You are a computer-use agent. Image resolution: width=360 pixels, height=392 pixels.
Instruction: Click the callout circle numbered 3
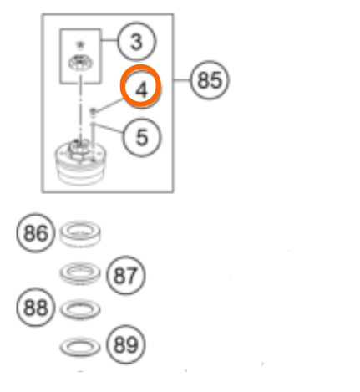pos(137,42)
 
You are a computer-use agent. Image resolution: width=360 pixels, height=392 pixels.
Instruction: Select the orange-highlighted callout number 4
pos(141,86)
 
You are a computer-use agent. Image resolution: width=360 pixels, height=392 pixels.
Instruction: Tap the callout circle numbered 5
pos(142,137)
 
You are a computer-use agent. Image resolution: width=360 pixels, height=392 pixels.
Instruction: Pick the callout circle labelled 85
pos(210,80)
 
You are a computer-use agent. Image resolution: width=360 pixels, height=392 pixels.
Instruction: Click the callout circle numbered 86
pos(36,233)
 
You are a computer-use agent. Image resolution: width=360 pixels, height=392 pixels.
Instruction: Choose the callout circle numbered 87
pos(126,275)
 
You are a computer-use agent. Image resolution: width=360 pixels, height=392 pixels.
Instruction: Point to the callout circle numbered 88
pos(36,307)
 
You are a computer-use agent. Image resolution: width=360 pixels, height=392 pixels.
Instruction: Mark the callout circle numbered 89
pos(126,344)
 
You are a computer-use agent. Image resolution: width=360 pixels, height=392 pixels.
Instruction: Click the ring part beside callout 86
pos(80,233)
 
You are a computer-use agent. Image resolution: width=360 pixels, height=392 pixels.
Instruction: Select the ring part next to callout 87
pos(80,273)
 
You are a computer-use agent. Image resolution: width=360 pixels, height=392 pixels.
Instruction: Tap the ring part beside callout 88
pos(80,309)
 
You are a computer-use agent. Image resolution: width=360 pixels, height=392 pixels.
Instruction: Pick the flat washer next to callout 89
pos(80,347)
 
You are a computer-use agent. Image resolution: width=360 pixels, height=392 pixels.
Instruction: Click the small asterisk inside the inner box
pos(80,44)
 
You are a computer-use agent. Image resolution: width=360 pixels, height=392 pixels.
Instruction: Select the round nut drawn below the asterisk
pos(81,63)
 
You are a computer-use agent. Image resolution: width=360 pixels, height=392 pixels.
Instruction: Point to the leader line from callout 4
pos(109,105)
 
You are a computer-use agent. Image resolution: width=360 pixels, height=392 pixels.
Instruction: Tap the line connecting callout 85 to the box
pos(182,80)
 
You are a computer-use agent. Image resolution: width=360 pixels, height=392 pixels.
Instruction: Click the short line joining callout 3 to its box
pos(109,40)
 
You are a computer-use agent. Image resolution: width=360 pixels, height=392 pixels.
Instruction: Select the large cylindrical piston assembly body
pos(80,163)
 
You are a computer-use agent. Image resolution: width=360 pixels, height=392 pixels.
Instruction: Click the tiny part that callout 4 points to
pos(93,111)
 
